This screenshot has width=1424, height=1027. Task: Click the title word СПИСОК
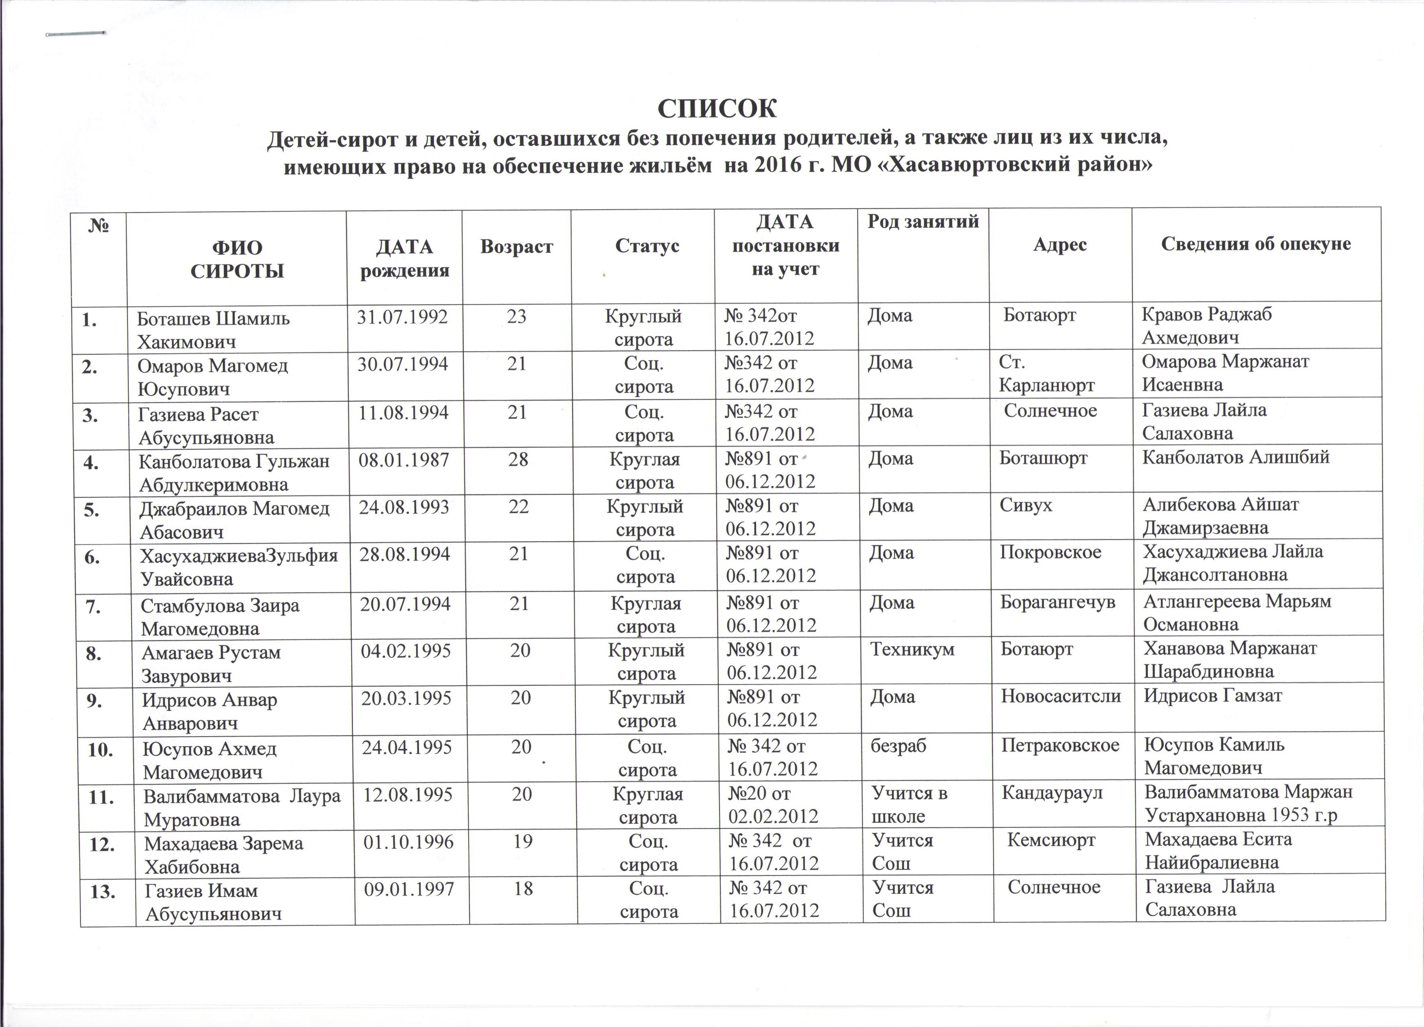pyautogui.click(x=717, y=108)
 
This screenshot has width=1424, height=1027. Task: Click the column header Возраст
pyautogui.click(x=516, y=246)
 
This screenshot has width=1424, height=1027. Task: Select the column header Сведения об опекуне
pyautogui.click(x=1256, y=244)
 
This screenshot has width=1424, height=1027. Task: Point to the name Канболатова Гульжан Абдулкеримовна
pyautogui.click(x=234, y=472)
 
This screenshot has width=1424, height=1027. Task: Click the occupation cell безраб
pyautogui.click(x=899, y=745)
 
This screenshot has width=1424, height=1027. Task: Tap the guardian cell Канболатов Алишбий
pyautogui.click(x=1236, y=458)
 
